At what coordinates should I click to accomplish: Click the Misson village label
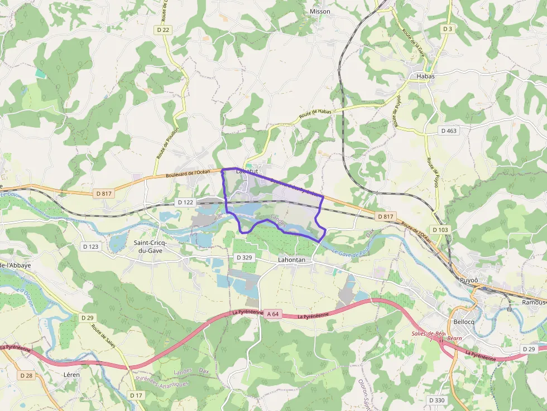point(320,11)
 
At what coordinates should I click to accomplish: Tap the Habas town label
point(425,76)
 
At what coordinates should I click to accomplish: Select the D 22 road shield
point(163,30)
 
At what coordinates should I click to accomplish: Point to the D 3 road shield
point(447,28)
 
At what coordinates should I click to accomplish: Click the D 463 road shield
point(448,130)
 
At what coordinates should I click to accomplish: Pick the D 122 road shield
point(185,202)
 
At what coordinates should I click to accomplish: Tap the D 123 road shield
point(90,246)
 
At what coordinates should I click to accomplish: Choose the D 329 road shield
point(244,257)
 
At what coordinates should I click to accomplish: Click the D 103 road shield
point(440,230)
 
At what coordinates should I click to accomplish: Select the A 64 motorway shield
point(272,314)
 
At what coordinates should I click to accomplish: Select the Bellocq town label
point(464,322)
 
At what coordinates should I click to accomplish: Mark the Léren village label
point(71,375)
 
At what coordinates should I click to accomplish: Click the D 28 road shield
point(26,375)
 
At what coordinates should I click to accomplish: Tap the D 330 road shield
point(437,400)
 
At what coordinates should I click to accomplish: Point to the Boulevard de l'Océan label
point(188,173)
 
